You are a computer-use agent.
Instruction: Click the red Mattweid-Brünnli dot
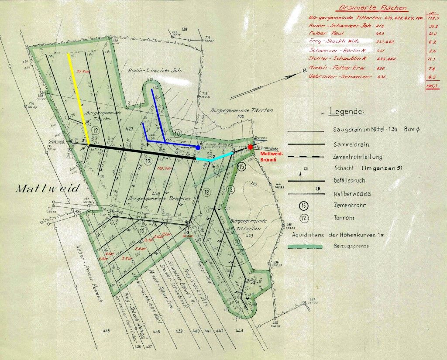250,147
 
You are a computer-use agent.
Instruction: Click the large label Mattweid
48,189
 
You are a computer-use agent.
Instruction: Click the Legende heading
347,112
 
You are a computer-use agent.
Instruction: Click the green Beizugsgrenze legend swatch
305,247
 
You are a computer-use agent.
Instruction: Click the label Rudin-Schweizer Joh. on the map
148,70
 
